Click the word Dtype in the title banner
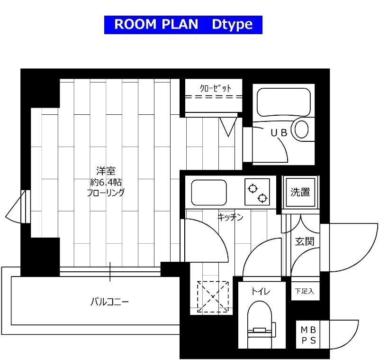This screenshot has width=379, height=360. point(232,25)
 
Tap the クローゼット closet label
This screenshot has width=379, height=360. point(216,88)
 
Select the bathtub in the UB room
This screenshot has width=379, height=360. point(283,102)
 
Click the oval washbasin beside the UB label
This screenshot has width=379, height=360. point(301,129)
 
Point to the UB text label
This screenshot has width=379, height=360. point(279,133)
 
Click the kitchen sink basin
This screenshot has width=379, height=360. point(209,193)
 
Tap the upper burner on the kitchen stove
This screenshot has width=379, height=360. point(253,188)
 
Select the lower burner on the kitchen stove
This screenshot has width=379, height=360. point(262,198)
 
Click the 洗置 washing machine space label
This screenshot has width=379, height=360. point(300,192)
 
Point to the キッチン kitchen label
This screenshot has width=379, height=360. point(230,217)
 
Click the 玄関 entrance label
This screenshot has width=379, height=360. point(305,241)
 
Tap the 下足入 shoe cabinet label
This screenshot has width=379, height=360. point(305,291)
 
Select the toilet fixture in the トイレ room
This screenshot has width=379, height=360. point(261,324)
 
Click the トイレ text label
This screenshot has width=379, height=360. point(261,291)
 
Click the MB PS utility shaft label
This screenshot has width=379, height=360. point(308,335)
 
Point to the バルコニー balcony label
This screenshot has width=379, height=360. point(110,302)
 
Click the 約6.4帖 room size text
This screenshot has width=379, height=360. point(106,182)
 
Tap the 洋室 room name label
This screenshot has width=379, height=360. point(106,171)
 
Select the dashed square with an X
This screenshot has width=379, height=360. point(213,296)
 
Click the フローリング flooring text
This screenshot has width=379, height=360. point(106,193)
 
